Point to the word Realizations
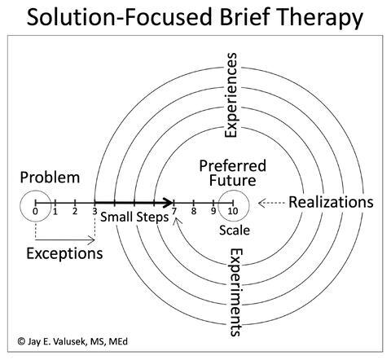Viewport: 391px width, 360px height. tap(332, 202)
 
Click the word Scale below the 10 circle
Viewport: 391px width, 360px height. tap(235, 230)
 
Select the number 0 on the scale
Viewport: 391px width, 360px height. tap(35, 212)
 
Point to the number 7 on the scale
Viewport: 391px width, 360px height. tap(174, 212)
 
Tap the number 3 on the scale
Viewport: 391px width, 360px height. tap(94, 212)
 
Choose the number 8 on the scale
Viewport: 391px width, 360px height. tap(194, 212)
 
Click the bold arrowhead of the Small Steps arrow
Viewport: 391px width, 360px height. tap(169, 201)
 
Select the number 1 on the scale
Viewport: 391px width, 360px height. tap(55, 212)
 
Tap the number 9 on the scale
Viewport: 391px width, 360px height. tap(213, 212)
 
